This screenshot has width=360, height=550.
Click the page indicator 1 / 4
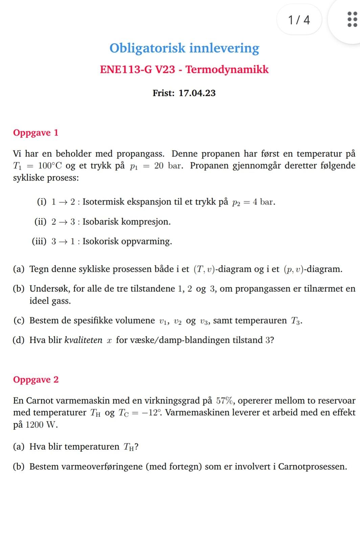[x=299, y=20]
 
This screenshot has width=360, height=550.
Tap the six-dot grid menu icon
[x=352, y=19]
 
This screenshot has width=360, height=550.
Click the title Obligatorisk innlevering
[x=184, y=48]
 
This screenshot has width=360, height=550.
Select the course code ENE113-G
[x=126, y=70]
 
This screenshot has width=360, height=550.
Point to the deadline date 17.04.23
[x=197, y=93]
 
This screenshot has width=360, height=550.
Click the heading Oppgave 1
[x=36, y=133]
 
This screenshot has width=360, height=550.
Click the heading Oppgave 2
[x=36, y=380]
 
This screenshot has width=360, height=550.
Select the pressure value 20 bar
[x=168, y=166]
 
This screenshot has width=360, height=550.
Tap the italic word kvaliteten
[x=83, y=340]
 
